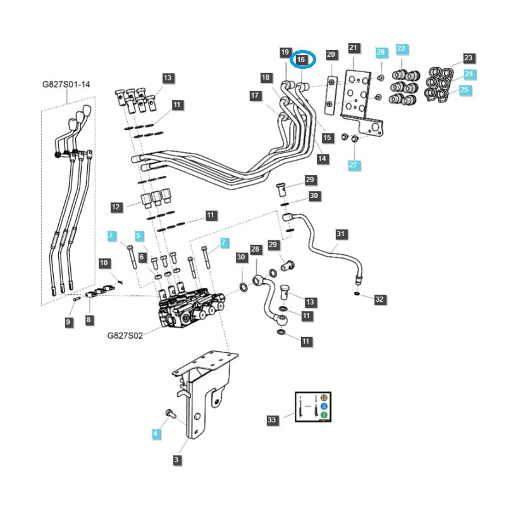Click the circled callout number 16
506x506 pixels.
(x=302, y=59)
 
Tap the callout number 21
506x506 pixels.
(x=354, y=48)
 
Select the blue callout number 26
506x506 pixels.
(x=380, y=51)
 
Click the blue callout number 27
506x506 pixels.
(x=354, y=165)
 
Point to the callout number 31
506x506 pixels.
(x=341, y=235)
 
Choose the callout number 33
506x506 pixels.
(x=272, y=419)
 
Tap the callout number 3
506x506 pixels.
(x=177, y=460)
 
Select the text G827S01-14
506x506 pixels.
(x=66, y=84)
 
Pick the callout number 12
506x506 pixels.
(x=116, y=207)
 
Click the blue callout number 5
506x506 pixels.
(x=139, y=236)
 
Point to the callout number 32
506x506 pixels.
(x=379, y=299)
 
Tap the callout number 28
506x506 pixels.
(x=256, y=250)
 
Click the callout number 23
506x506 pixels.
(x=468, y=58)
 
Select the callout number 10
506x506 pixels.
(x=104, y=262)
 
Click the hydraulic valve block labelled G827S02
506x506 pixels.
(x=190, y=310)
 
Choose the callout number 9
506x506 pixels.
(x=68, y=323)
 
